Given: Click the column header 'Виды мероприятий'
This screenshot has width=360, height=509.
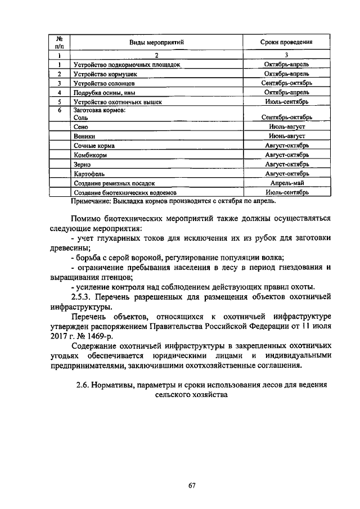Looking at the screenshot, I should click(x=157, y=42).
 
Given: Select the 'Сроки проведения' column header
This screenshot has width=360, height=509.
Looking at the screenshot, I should click(x=286, y=42).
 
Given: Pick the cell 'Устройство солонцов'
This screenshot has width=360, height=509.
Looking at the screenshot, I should click(x=104, y=83).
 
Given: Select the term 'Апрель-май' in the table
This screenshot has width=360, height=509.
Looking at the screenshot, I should click(x=286, y=183).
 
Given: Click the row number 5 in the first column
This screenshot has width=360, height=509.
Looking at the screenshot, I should click(x=59, y=102).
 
